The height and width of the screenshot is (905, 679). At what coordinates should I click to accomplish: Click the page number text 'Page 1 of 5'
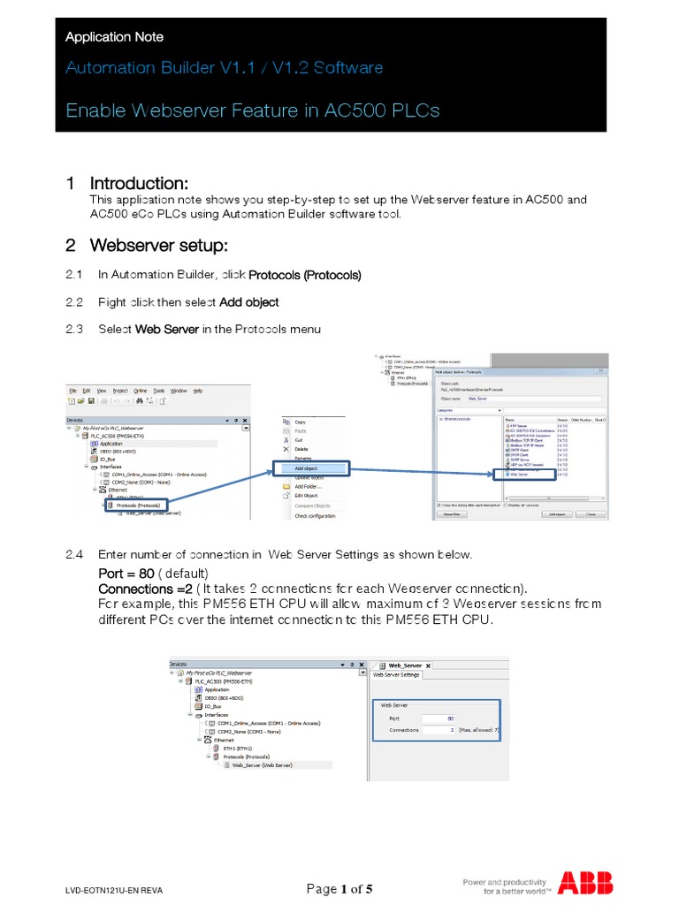click(339, 889)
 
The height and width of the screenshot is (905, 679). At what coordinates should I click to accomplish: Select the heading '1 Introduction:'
click(127, 184)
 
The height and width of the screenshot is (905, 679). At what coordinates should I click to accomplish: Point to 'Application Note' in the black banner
click(114, 37)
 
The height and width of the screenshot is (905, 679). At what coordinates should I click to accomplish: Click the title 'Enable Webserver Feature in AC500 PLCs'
click(253, 110)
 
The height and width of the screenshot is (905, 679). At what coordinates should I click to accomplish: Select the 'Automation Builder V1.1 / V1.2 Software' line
click(225, 68)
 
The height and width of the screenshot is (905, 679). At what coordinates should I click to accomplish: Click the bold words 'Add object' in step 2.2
click(248, 302)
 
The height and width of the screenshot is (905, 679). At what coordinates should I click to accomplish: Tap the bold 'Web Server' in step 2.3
click(166, 330)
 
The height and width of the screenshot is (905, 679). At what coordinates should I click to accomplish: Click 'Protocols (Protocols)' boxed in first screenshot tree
click(137, 505)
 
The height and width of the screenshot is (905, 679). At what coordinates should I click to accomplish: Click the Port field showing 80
click(439, 719)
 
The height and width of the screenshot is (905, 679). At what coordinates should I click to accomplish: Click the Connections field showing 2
click(439, 731)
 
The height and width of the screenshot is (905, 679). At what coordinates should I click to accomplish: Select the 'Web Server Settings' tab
click(397, 675)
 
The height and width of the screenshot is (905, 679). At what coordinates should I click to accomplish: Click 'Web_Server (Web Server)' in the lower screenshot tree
click(262, 766)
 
